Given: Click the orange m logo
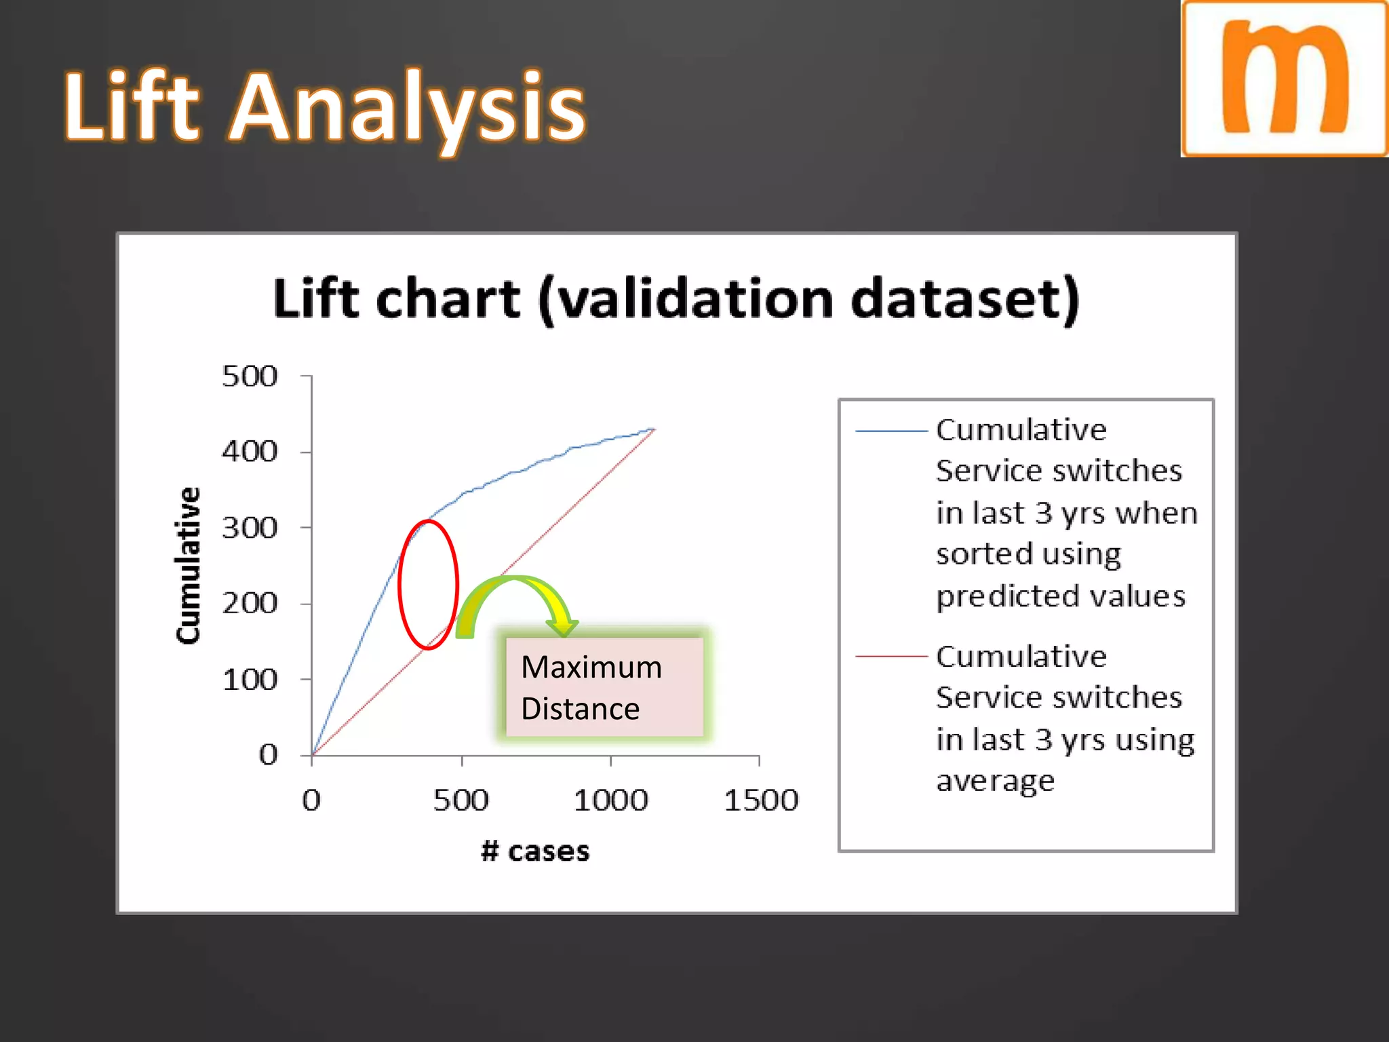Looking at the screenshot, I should pos(1284,79).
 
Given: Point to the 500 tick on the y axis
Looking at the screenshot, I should pos(250,377).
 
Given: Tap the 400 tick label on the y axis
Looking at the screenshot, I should pos(250,452).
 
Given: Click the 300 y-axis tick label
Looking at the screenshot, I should pos(250,528).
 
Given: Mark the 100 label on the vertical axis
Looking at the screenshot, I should pos(250,680).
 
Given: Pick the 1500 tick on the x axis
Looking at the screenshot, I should pos(761,800).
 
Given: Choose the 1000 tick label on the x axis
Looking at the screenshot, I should pos(610,800).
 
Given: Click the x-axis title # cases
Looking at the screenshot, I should pos(535,851).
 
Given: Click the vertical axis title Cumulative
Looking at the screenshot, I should pos(188,565).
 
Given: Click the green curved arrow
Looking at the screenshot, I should pos(515,597).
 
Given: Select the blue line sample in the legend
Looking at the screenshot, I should pos(891,431).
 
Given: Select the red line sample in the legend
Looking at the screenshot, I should pos(891,657).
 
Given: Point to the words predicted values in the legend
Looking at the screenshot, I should pos(1060,596).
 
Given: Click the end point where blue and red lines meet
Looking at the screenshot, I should pos(654,429).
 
